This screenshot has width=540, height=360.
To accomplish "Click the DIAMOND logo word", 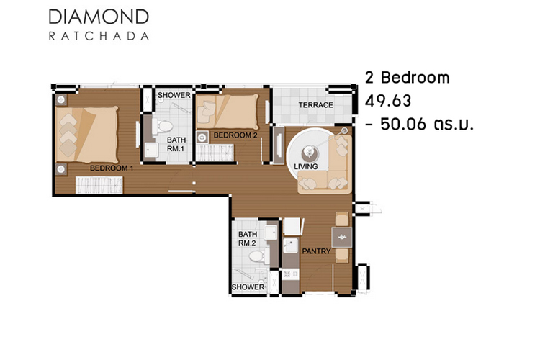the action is (99, 17).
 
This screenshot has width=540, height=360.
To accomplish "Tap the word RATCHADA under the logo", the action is (99, 36).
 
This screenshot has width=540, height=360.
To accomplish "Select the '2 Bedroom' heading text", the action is (407, 78).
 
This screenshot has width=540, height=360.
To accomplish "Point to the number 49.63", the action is (388, 101).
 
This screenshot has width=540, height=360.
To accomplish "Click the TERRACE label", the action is (315, 105).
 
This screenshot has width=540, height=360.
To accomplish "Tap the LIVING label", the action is (306, 166).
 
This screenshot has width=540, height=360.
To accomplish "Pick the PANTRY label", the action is (316, 251).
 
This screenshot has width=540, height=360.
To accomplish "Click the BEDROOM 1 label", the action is (112, 168).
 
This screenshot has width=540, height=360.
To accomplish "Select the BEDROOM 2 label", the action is (235, 135).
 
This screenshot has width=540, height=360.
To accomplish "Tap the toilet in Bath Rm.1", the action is (163, 126).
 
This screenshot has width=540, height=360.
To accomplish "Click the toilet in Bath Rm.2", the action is (259, 256).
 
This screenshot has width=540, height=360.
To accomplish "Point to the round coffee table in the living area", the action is (308, 151).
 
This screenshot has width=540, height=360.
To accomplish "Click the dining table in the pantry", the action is (341, 237).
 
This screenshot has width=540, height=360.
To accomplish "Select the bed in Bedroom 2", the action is (228, 112).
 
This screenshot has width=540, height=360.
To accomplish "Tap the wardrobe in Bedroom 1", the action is (99, 185).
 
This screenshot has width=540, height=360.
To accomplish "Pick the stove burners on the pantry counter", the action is (290, 274).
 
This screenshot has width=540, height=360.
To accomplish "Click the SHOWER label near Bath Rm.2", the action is (248, 287).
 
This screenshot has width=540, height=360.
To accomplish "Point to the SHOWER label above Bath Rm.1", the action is (174, 95).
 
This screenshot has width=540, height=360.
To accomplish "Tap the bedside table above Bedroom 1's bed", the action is (61, 100).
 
